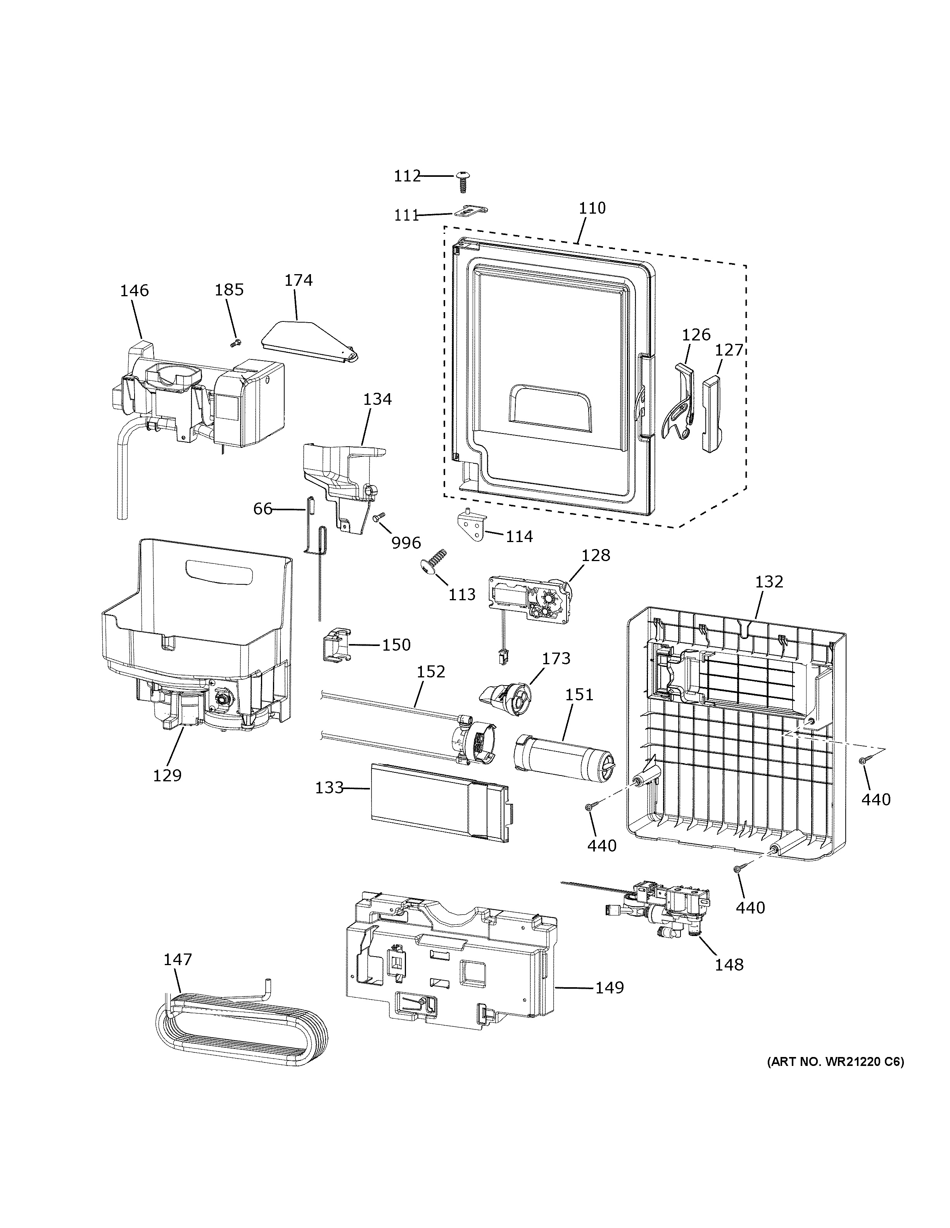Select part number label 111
(x=406, y=215)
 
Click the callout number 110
(x=592, y=208)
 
